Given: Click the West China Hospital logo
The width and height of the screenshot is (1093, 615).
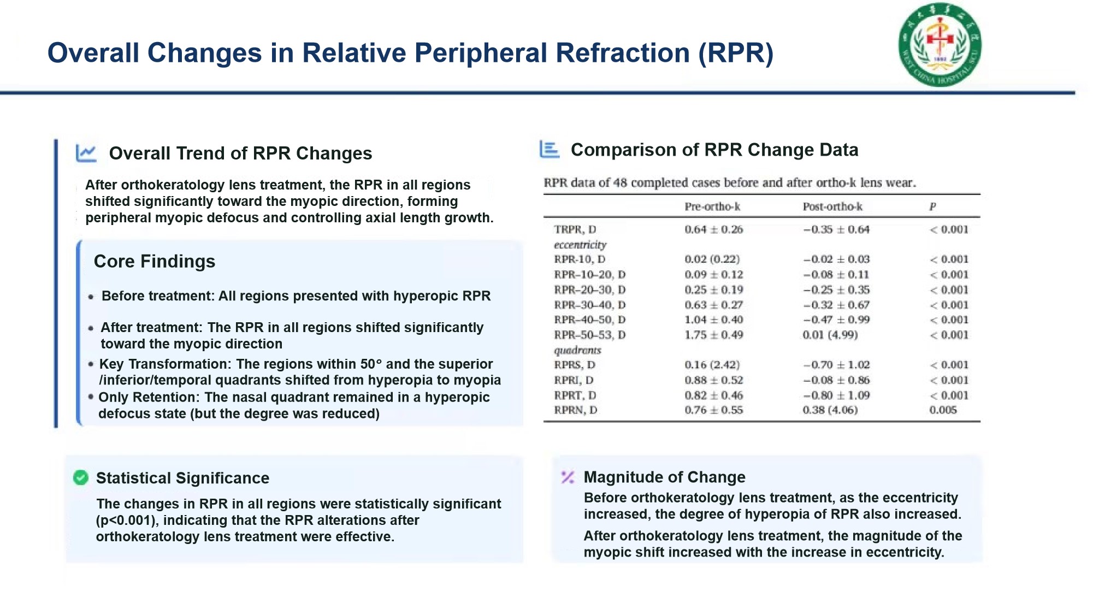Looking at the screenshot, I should (940, 45).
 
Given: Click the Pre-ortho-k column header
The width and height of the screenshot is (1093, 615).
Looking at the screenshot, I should (712, 206).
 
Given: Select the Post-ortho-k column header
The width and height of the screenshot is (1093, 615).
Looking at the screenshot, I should (832, 206).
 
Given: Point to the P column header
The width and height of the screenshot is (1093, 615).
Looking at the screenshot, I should (932, 206).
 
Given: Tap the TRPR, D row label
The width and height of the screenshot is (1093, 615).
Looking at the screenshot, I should (575, 229).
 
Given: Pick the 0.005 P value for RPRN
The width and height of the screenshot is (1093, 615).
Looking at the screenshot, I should (943, 410).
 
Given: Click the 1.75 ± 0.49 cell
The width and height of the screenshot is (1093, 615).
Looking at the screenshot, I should (714, 335).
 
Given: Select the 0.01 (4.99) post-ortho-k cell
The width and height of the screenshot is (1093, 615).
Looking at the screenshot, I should (830, 335).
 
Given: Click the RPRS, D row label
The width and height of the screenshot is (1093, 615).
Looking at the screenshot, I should (575, 365).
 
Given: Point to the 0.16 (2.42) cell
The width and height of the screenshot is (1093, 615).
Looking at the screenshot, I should (712, 365).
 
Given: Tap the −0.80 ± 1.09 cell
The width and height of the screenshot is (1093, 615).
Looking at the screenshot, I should (836, 395).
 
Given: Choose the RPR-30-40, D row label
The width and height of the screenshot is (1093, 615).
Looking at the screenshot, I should (590, 305).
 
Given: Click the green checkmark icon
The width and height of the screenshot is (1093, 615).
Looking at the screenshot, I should (81, 478).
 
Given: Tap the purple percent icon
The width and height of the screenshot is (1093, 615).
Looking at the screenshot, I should (568, 477).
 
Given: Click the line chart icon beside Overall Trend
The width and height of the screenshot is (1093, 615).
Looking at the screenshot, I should (86, 153).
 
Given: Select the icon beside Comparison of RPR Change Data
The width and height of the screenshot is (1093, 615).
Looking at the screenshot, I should (550, 149).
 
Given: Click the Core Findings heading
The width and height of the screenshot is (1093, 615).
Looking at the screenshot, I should (155, 262).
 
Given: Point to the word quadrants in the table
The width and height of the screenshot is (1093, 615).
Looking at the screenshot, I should (577, 350).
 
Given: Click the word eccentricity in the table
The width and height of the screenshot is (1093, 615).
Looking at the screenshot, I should (580, 245).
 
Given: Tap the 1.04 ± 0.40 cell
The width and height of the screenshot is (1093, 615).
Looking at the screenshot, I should (714, 320).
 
